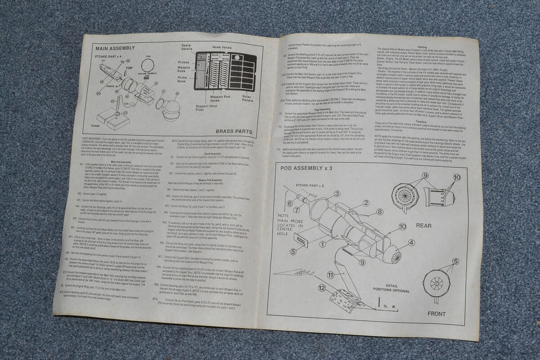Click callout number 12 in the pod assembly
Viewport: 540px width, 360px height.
[x=322, y=288]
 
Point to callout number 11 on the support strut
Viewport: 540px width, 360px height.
[x=330, y=274]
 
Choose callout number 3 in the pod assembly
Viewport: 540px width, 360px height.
[x=336, y=194]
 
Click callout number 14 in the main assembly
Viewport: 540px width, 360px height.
[x=102, y=83]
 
